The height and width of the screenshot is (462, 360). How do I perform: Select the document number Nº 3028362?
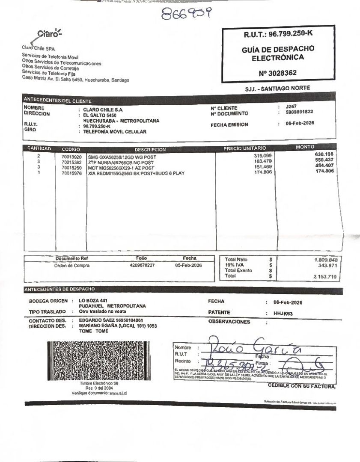(x=277, y=73)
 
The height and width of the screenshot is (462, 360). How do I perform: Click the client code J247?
(x=291, y=107)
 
